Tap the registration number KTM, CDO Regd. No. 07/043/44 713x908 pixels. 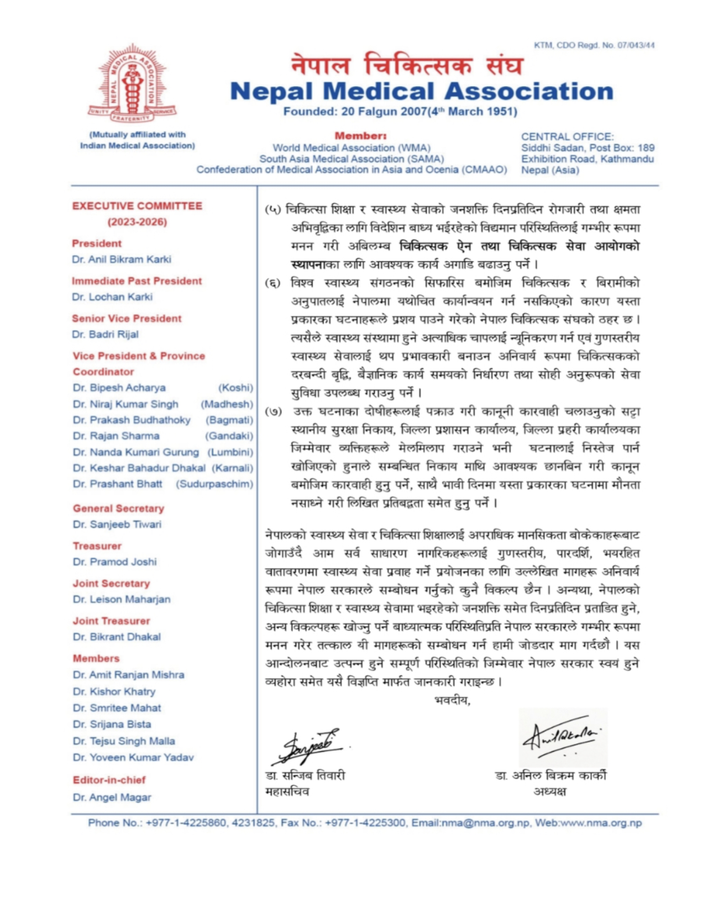pos(594,45)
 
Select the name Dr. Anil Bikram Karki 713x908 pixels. pos(121,259)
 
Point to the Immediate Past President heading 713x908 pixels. pos(137,281)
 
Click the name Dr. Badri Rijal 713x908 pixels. pos(105,334)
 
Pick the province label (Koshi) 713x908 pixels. pos(235,388)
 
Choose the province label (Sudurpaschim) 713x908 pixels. pos(214,484)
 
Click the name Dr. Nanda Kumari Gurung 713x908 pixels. pos(135,452)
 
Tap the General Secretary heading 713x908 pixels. pos(118,508)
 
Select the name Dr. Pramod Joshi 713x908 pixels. pos(114,562)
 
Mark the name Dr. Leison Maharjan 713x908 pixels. pos(122,599)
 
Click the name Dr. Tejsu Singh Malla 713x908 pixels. pos(124,741)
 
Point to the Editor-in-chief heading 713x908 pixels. pos(109,780)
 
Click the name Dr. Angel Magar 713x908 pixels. pos(112,797)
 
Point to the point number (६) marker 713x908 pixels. pos(272,283)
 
